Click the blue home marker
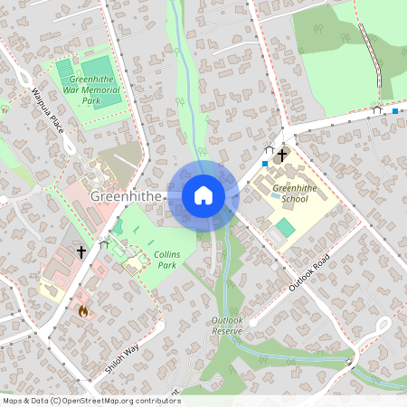click(x=203, y=194)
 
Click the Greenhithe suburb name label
click(x=125, y=195)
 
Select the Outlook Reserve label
click(x=227, y=326)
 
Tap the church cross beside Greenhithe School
click(x=282, y=156)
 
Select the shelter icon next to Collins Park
click(x=103, y=243)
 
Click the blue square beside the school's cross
click(x=264, y=164)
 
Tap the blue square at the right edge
click(x=395, y=111)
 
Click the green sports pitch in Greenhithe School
click(x=285, y=226)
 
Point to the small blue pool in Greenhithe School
click(x=275, y=194)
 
